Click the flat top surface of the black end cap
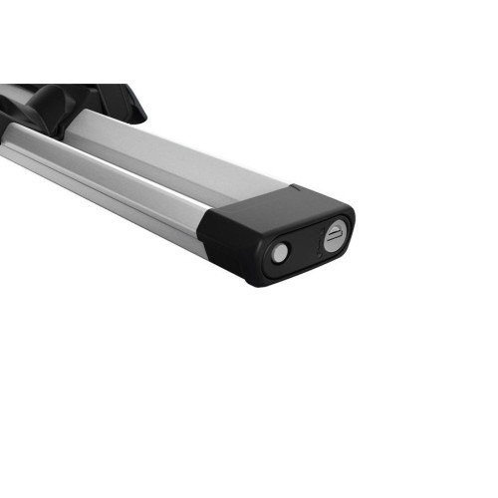(x=269, y=205)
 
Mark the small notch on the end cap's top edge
(x=295, y=185)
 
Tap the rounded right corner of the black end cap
(x=348, y=219)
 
